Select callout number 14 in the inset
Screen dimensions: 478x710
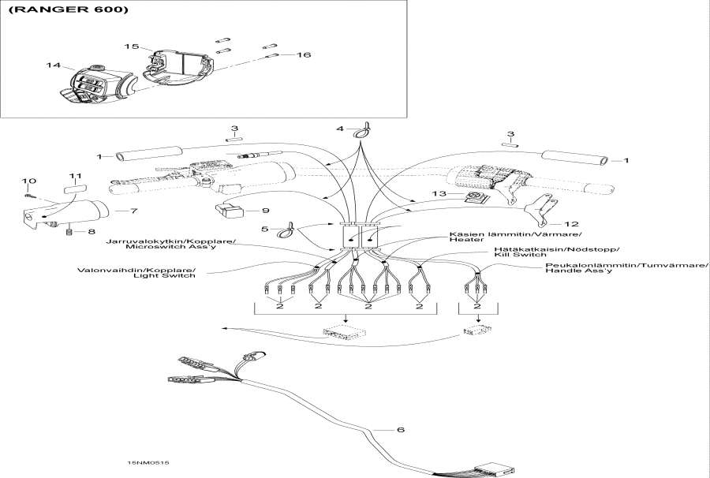53,65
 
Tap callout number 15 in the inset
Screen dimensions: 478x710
132,47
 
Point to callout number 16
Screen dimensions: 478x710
304,55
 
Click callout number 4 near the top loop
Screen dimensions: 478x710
340,128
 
